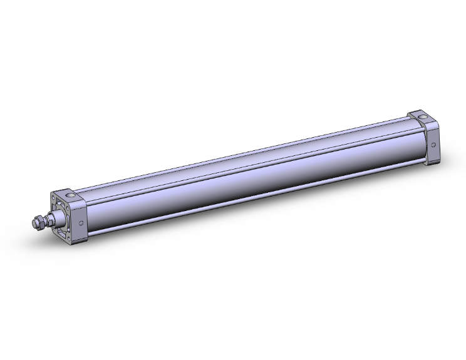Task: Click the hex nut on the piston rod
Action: point(41,222)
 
